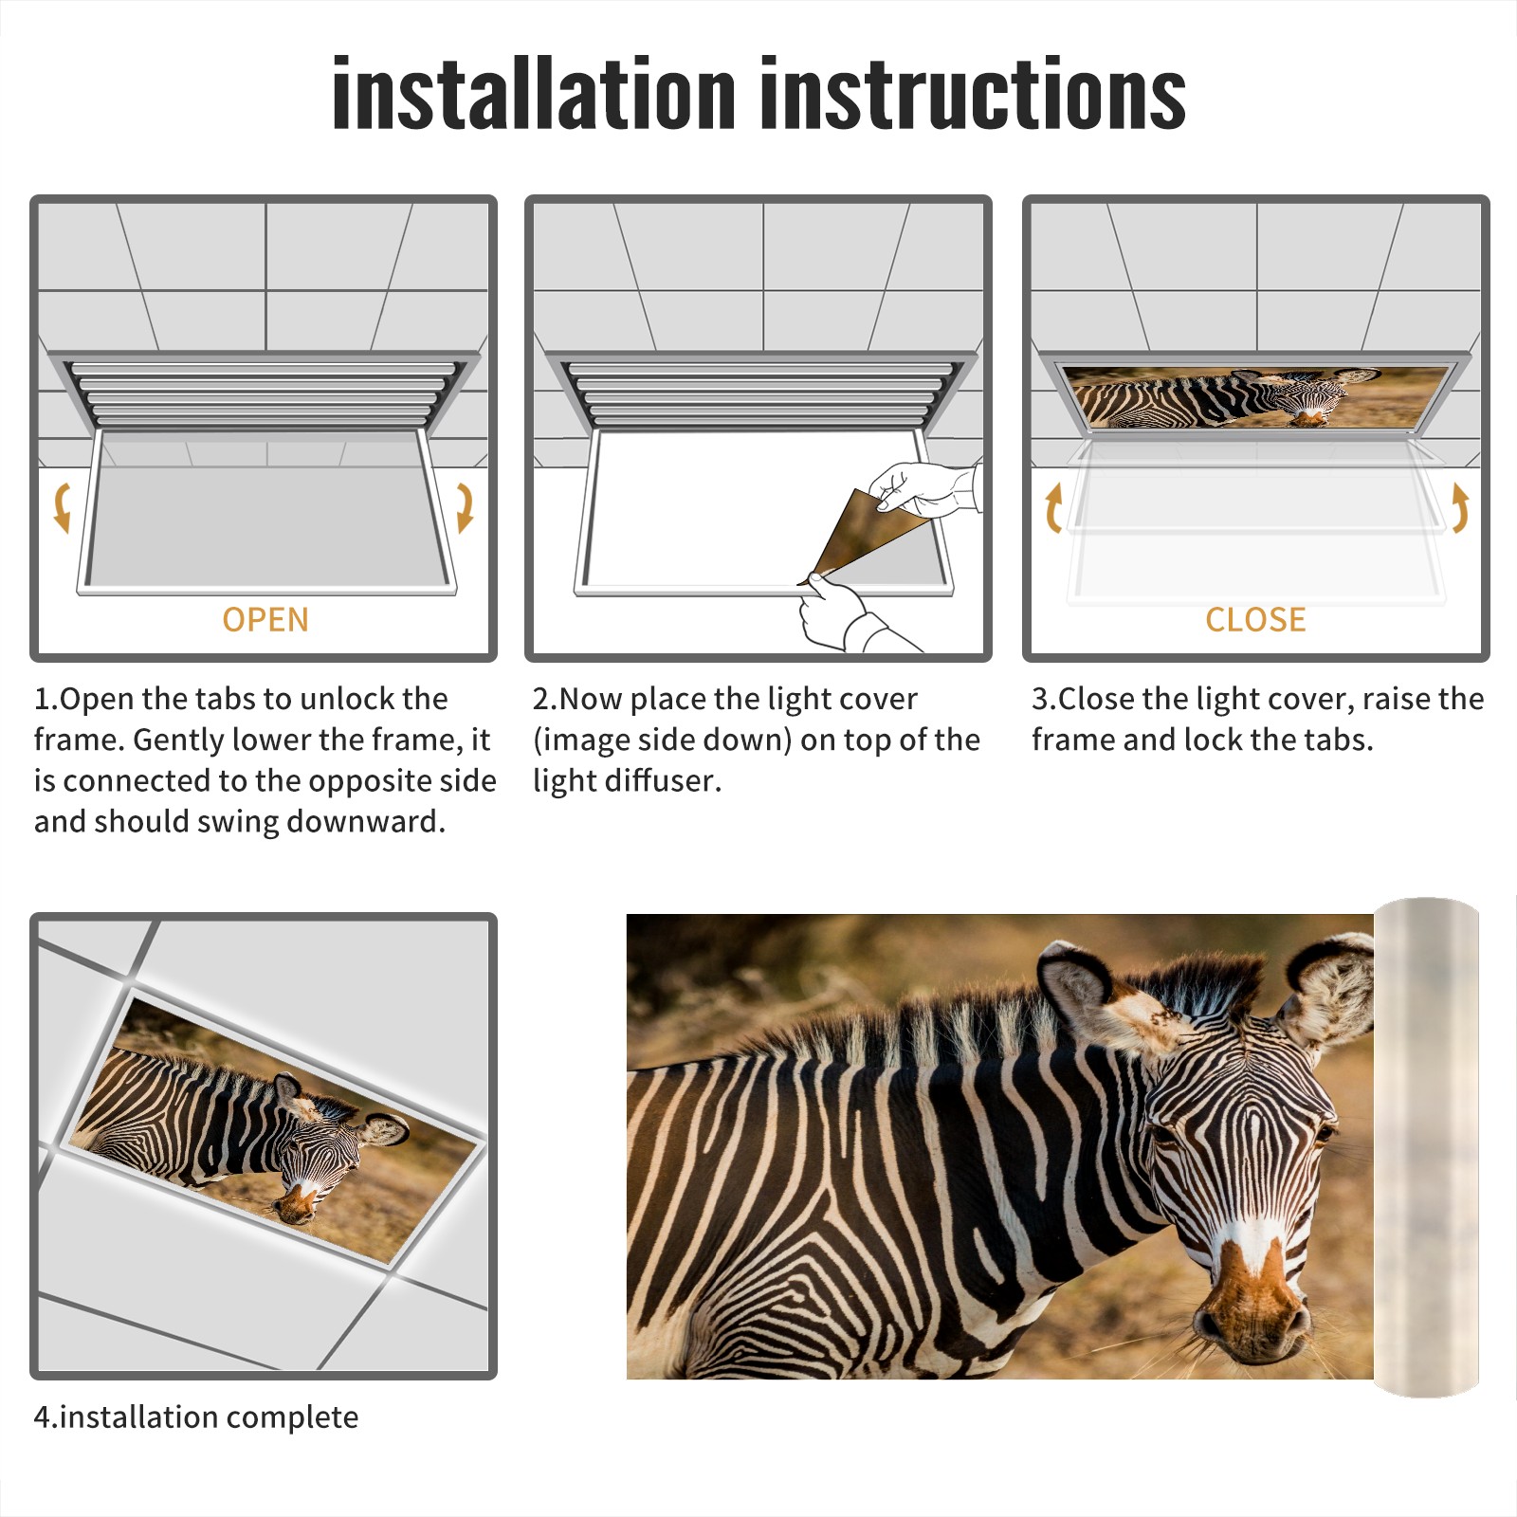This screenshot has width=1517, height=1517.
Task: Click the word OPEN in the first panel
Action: (x=265, y=619)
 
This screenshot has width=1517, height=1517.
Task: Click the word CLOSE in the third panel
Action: (x=1255, y=619)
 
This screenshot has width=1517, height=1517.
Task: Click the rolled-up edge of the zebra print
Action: (x=1426, y=1147)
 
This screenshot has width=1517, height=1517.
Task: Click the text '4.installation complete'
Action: (x=196, y=1417)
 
